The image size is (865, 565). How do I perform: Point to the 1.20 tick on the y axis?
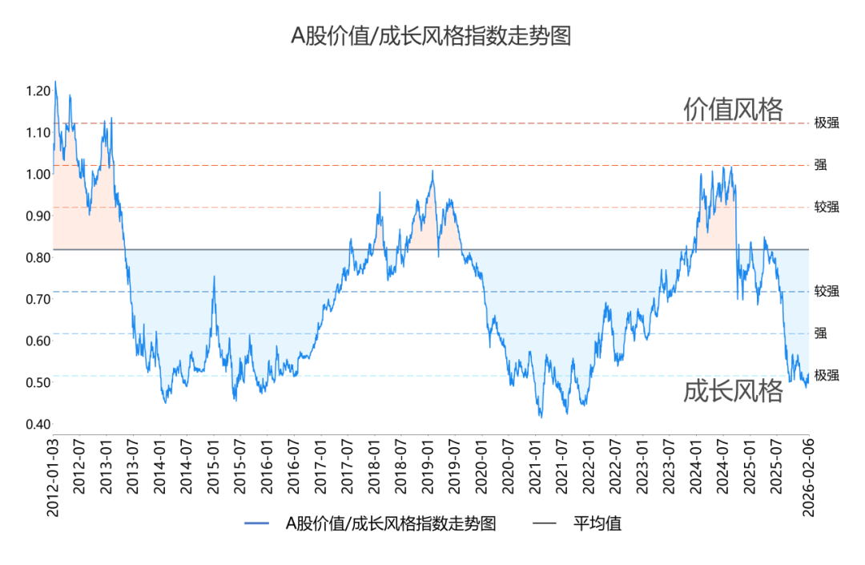38,91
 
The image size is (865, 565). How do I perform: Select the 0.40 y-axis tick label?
38,424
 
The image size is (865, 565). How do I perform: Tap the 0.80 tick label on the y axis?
38,258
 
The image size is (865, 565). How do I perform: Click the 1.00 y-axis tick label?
38,174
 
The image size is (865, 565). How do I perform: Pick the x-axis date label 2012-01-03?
54,478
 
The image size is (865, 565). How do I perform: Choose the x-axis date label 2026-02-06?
808,478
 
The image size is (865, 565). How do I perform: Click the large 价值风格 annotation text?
733,109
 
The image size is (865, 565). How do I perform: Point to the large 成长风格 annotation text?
733,391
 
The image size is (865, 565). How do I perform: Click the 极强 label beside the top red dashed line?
827,123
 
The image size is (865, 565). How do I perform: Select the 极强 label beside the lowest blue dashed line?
827,375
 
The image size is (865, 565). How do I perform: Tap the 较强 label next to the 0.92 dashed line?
827,207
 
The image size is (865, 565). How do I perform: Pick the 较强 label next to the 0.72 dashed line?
827,291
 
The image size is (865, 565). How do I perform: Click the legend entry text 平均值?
597,524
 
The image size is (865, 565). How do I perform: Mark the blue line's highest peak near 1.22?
55,82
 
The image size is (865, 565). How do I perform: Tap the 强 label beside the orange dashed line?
821,165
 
